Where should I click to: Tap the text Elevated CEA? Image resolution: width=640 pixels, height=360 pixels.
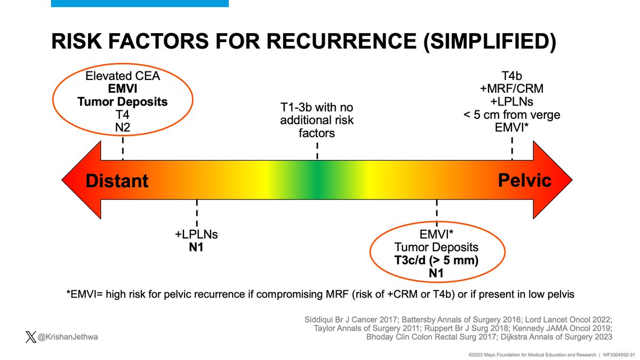click(x=123, y=75)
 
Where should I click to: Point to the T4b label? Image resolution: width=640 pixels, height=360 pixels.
click(x=512, y=75)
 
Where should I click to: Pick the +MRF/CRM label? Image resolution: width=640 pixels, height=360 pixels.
click(x=512, y=88)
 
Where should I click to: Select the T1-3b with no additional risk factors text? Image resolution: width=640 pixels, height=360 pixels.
click(x=317, y=121)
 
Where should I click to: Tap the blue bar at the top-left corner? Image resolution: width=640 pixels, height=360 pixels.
click(x=139, y=3)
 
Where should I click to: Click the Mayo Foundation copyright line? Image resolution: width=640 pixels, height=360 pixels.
click(x=517, y=354)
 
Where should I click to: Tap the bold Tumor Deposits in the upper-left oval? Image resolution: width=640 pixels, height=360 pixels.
click(x=123, y=101)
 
